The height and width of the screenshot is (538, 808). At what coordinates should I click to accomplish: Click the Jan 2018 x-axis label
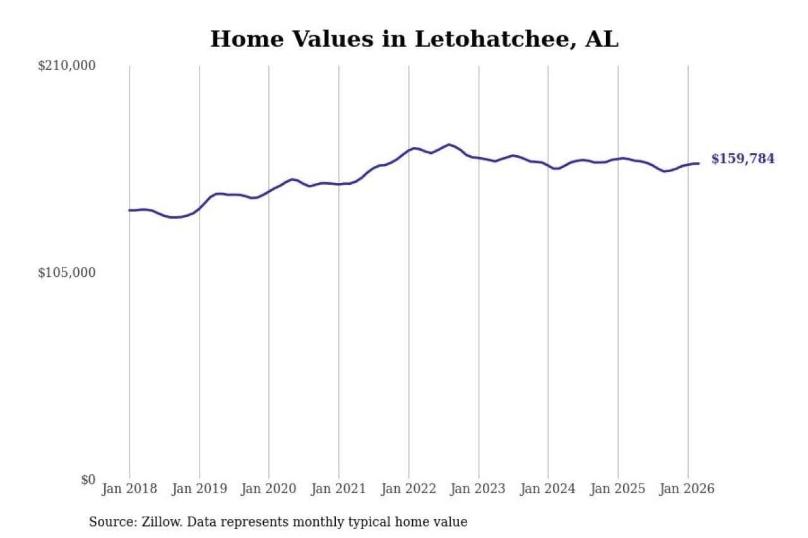click(x=129, y=489)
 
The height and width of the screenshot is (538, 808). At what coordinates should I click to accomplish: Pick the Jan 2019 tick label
click(x=199, y=489)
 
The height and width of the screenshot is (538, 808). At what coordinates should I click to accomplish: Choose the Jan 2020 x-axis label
click(x=269, y=489)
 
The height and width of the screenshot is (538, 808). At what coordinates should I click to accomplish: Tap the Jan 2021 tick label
click(x=339, y=489)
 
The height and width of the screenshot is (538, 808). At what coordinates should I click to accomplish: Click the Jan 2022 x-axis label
click(x=409, y=489)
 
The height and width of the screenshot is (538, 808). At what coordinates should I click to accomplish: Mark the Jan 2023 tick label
click(x=478, y=489)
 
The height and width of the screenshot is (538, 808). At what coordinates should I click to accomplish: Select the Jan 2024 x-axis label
click(x=548, y=489)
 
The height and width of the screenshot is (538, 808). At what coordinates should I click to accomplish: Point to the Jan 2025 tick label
click(x=618, y=489)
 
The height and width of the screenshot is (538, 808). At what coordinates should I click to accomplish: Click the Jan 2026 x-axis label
click(x=687, y=489)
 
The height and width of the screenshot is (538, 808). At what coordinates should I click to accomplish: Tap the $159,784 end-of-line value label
click(x=742, y=159)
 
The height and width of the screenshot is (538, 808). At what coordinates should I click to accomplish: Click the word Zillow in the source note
click(x=151, y=522)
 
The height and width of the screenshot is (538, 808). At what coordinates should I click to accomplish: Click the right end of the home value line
click(x=698, y=163)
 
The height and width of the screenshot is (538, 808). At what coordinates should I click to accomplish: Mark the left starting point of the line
click(x=130, y=210)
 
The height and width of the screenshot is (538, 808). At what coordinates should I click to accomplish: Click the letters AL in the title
click(x=602, y=39)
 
